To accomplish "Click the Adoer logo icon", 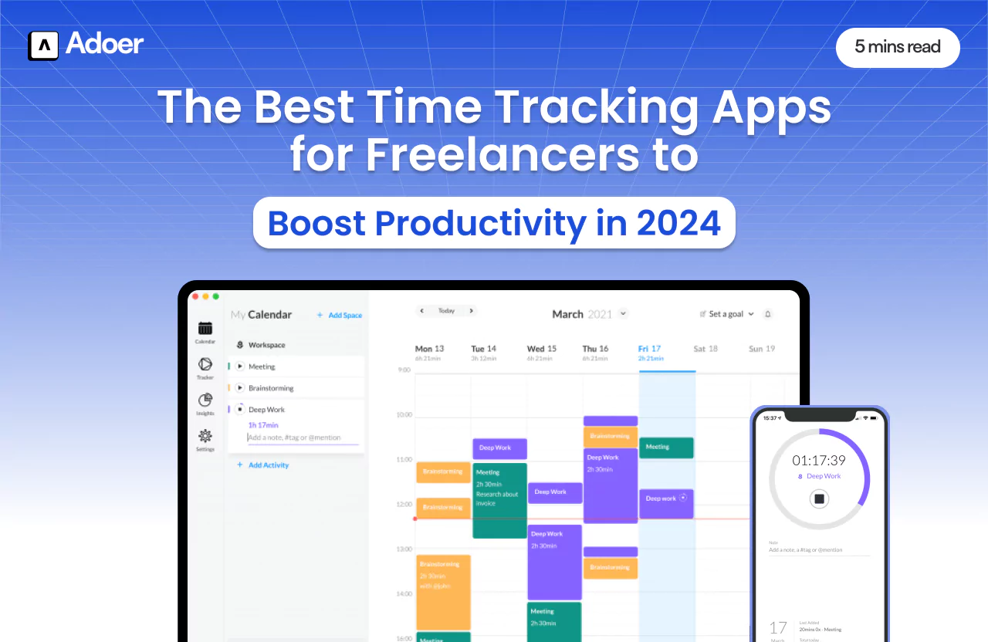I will [43, 46].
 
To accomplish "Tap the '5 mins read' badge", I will [897, 47].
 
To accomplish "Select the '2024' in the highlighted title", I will [678, 224].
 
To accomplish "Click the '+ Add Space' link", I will [340, 315].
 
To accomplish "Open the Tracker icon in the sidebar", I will [205, 365].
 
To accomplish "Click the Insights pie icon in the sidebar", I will [205, 400].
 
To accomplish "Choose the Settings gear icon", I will [205, 437].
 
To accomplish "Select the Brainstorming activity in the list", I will [270, 388].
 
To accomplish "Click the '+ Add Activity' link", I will [263, 465].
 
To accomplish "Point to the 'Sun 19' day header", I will [761, 349].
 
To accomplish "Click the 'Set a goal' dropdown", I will [726, 314].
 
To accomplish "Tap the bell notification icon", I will [767, 314].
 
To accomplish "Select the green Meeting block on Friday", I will [666, 448].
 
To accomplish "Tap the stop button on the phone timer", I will [820, 499].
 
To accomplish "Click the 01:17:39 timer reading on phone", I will [819, 461].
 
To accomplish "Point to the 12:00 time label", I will [404, 504].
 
